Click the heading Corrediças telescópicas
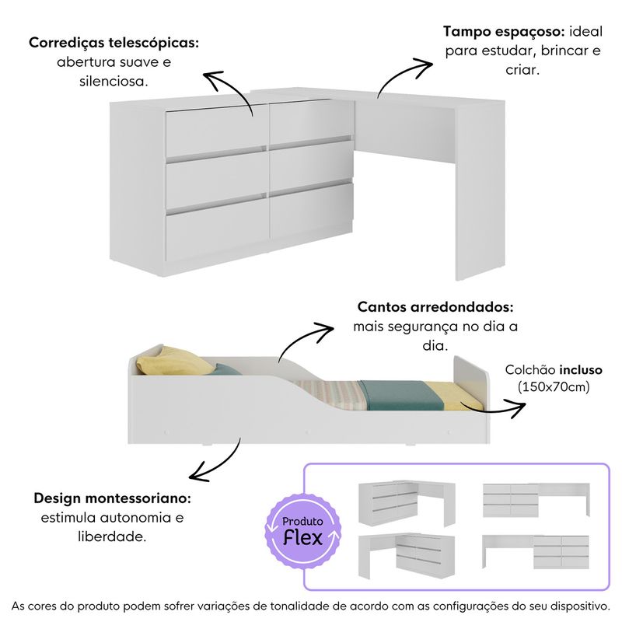click(x=114, y=43)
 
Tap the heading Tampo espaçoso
click(x=504, y=31)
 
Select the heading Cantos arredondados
click(x=435, y=306)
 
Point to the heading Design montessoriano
click(x=112, y=498)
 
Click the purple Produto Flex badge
click(x=302, y=532)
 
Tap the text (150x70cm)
click(x=554, y=386)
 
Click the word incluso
click(x=581, y=370)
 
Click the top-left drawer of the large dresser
click(x=217, y=131)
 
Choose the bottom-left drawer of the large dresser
click(x=217, y=234)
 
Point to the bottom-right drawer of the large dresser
click(x=311, y=210)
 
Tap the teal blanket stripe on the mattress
click(x=400, y=395)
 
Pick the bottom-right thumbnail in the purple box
click(x=536, y=551)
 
